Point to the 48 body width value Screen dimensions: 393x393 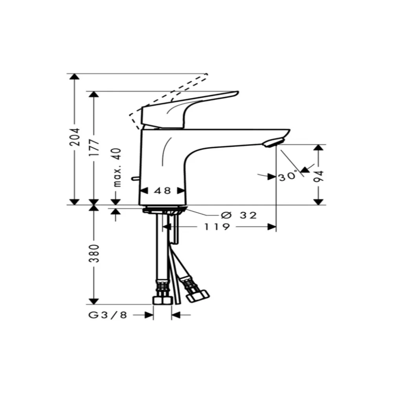[x=163, y=191]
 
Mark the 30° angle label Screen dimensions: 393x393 [x=287, y=177]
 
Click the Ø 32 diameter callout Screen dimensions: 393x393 [x=239, y=215]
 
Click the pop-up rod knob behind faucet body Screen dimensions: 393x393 [x=135, y=179]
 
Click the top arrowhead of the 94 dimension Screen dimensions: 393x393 [x=320, y=148]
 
